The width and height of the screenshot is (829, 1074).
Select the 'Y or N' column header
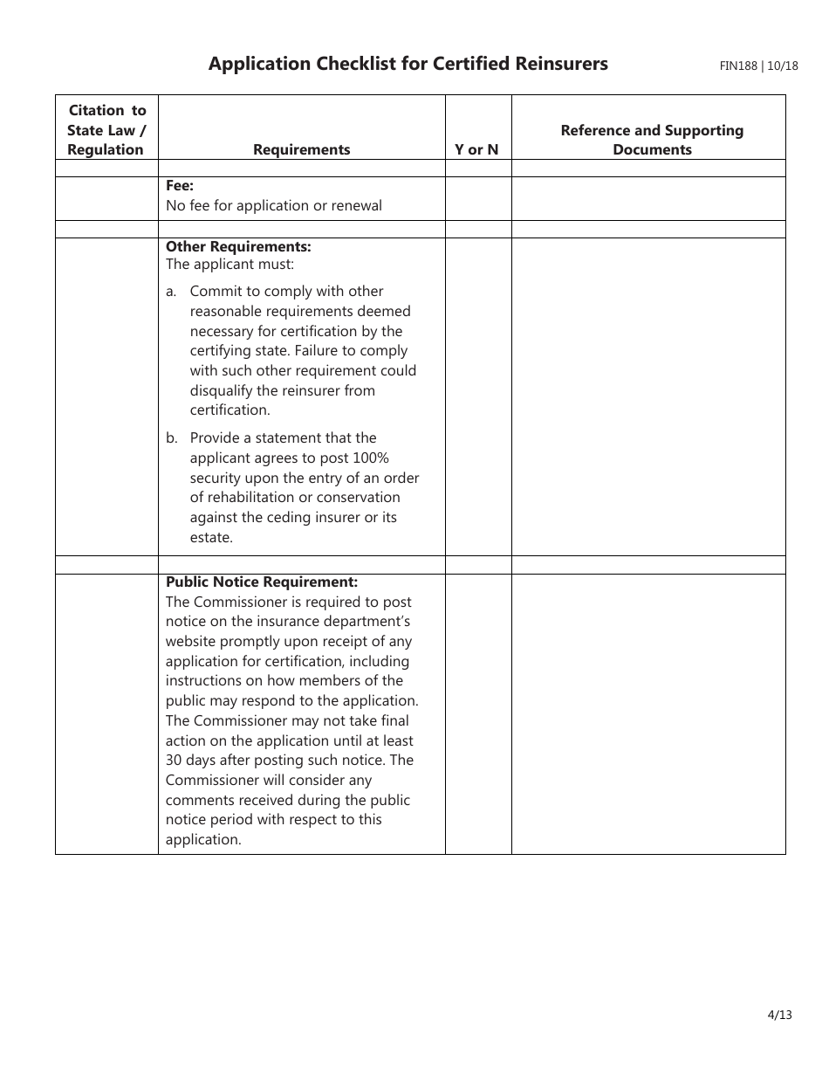click(476, 149)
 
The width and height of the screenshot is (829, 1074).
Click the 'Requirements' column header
click(301, 149)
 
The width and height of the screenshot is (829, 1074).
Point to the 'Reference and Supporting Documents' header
click(652, 140)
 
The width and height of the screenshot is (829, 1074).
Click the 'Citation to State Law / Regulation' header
click(106, 129)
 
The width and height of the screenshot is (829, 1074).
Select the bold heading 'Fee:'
click(180, 186)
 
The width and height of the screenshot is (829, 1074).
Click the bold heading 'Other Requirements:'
click(238, 247)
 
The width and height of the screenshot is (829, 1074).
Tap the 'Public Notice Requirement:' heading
click(262, 582)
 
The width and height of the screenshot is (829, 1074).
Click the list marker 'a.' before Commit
click(172, 292)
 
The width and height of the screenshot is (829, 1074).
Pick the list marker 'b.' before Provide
click(172, 438)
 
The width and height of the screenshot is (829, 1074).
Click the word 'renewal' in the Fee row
click(356, 206)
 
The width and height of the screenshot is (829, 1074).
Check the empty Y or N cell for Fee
click(477, 198)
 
